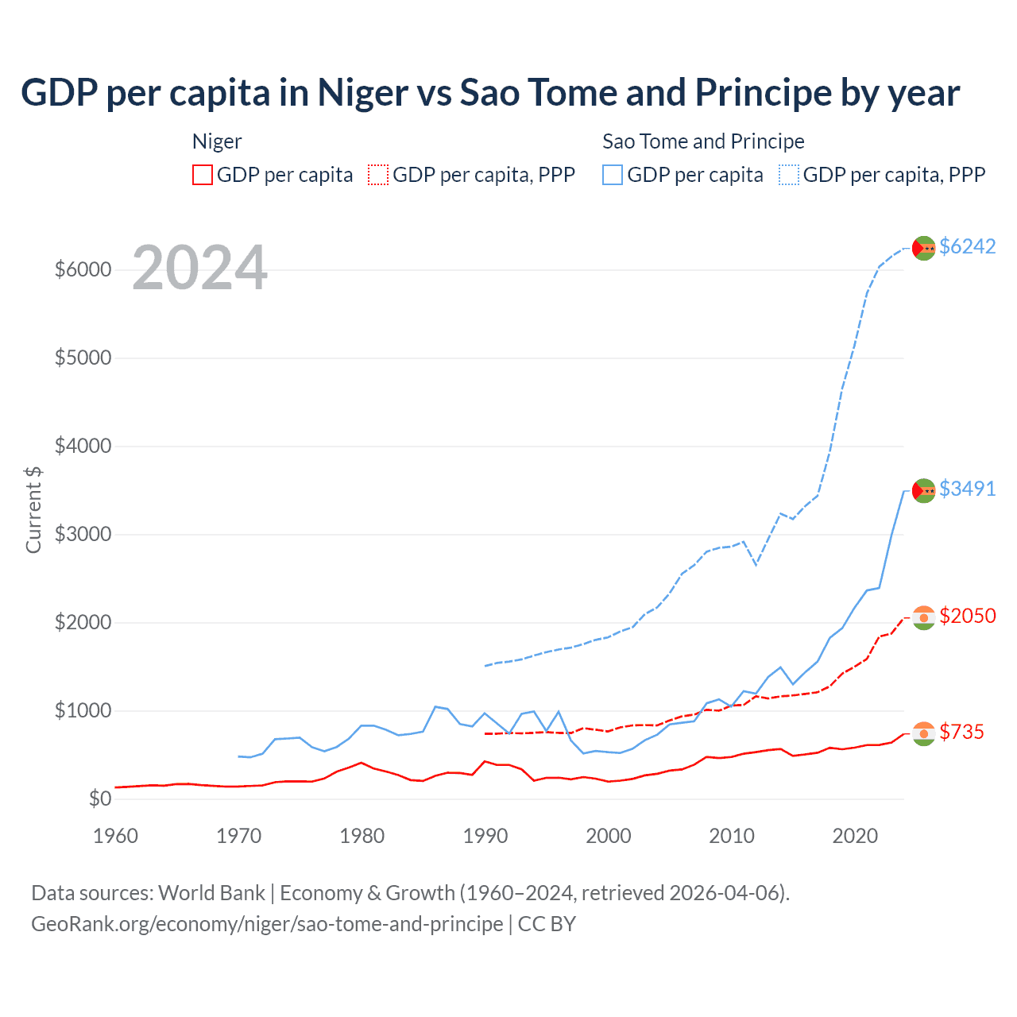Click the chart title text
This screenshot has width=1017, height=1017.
point(490,93)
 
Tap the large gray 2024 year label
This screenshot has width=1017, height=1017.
point(199,268)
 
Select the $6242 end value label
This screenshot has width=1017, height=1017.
point(967,246)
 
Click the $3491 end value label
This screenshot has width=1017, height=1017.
point(967,489)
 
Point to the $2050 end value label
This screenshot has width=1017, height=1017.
point(967,616)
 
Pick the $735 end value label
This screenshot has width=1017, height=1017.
point(961,732)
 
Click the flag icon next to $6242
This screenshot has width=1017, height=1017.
point(923,248)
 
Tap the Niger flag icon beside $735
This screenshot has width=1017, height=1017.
point(923,733)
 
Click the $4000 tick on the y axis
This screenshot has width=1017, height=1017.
point(83,446)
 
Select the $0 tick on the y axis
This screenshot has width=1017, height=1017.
point(99,799)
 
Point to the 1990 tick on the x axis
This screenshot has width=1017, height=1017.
point(485,836)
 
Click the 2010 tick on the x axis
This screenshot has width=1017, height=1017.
point(731,836)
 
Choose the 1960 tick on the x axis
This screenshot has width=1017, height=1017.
point(116,836)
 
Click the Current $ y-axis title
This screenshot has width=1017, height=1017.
point(33,509)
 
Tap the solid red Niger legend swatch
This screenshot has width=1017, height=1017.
point(203,175)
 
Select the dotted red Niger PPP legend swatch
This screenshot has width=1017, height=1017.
point(378,175)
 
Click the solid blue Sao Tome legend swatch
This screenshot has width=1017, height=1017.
point(613,175)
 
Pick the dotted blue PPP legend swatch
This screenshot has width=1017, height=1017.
point(789,175)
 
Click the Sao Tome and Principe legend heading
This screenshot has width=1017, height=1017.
point(703,141)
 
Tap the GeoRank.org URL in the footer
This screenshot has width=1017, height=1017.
point(267,924)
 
